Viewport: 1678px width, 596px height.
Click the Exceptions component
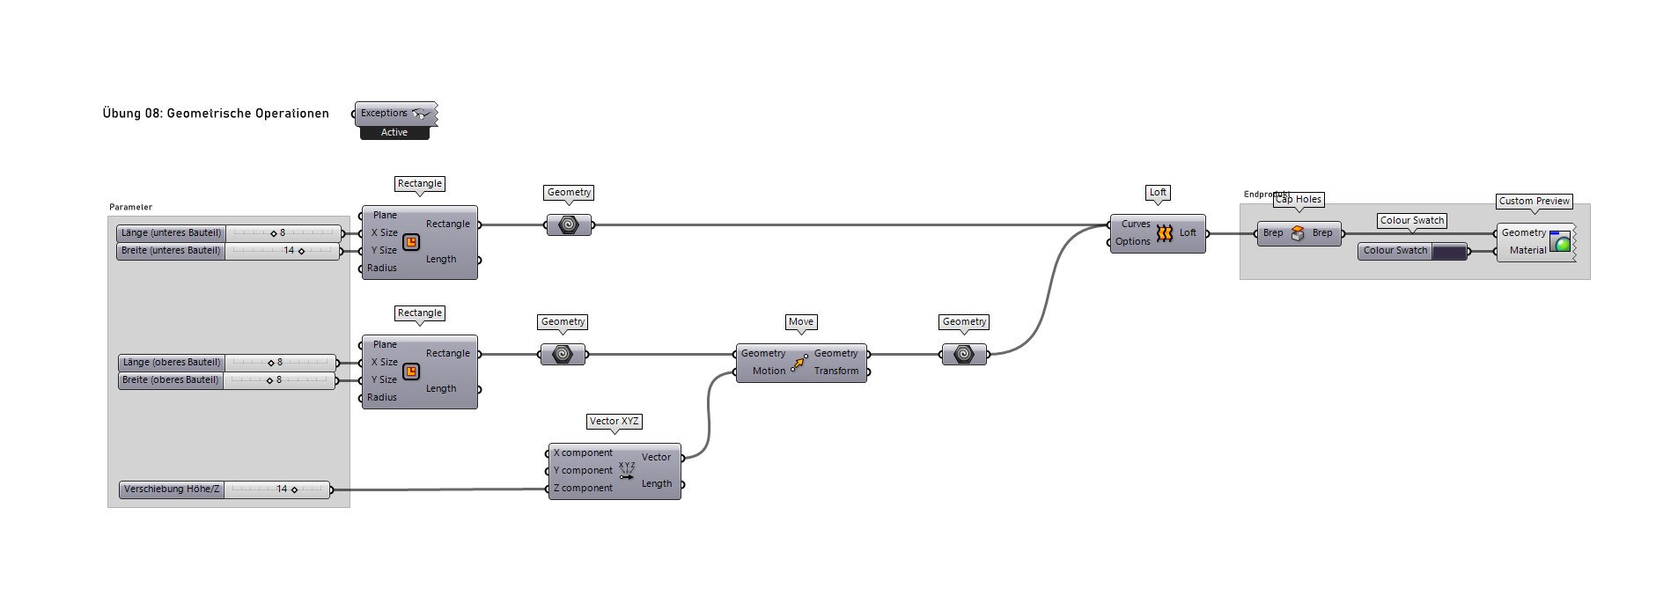[x=394, y=114]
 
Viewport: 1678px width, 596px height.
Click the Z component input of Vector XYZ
[x=582, y=489]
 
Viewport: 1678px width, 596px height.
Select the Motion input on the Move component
[x=768, y=372]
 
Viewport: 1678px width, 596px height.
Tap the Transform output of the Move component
[x=836, y=372]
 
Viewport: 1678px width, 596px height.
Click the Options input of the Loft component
[x=1133, y=242]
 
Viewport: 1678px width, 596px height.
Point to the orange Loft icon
[x=1165, y=233]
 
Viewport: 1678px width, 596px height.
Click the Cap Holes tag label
[x=1299, y=200]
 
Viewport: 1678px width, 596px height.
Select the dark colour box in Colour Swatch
[x=1449, y=252]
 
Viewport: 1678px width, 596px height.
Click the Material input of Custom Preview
[x=1527, y=251]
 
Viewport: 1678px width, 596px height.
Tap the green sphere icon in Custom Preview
[x=1561, y=243]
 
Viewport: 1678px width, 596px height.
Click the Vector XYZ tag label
[x=615, y=422]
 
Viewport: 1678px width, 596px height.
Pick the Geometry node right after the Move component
[x=964, y=355]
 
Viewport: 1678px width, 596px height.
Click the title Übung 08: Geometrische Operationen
[x=216, y=114]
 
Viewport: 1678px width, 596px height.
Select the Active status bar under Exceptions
[x=394, y=133]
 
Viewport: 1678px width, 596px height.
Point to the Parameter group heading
[x=130, y=208]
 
